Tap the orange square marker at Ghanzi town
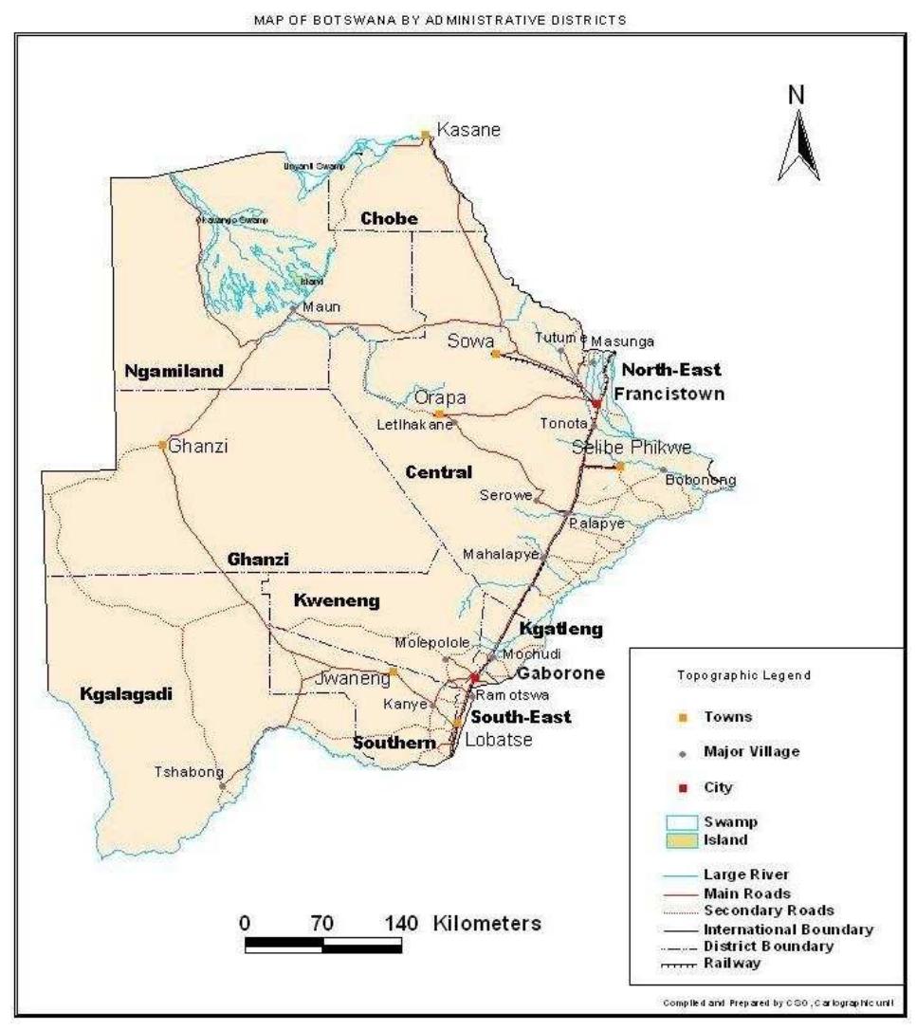tap(163, 444)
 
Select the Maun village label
tap(322, 306)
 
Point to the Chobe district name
tap(389, 219)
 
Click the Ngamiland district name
tap(174, 371)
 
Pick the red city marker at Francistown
tap(596, 404)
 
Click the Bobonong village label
tap(701, 480)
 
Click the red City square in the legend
tap(683, 787)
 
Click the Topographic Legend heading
tap(743, 675)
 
